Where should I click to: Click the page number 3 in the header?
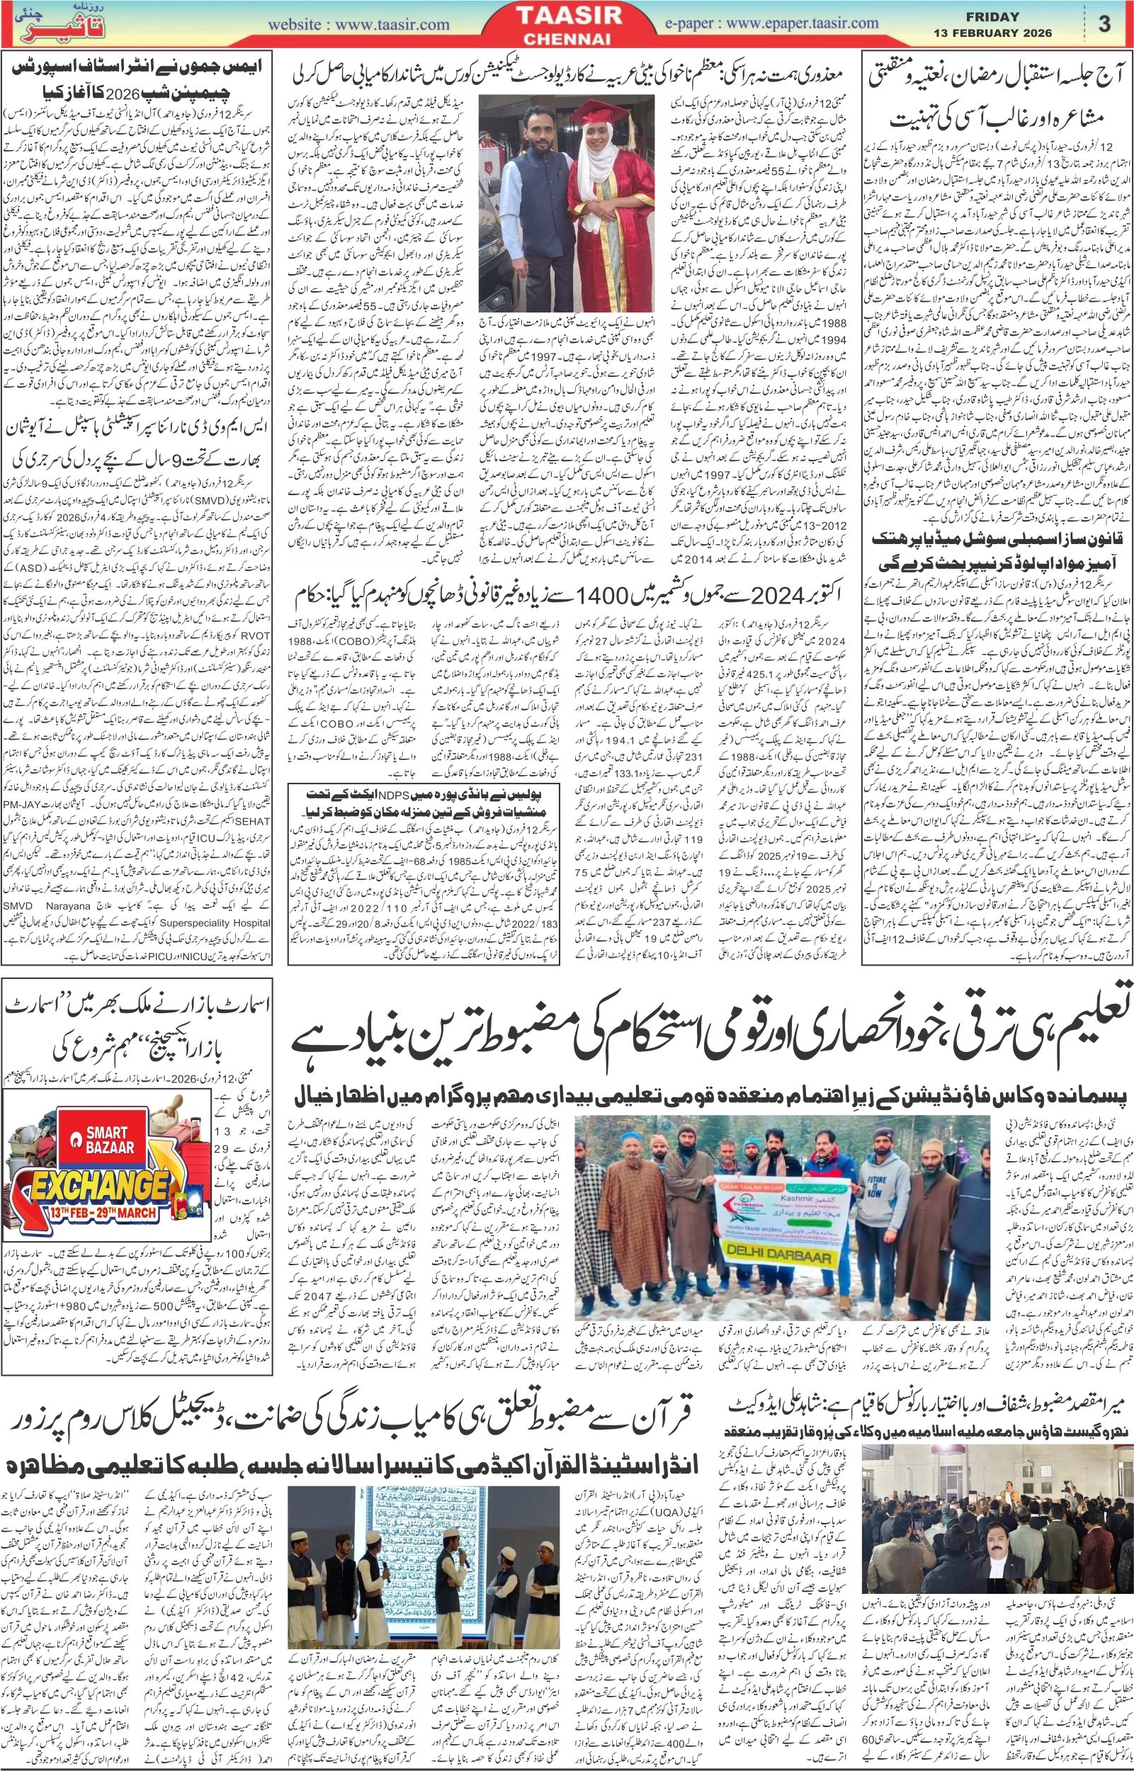coord(1104,24)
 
